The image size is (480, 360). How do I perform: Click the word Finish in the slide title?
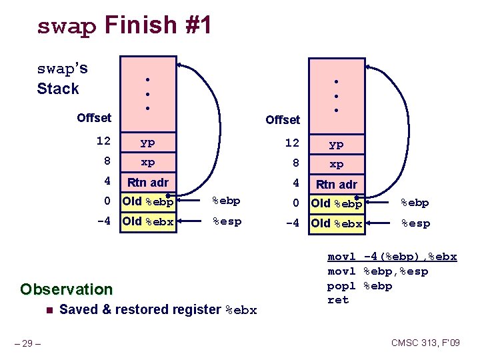click(x=140, y=25)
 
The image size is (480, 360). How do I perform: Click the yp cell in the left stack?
click(x=147, y=142)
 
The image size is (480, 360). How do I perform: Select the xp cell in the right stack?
click(x=337, y=164)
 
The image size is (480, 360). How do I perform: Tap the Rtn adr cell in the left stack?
click(x=147, y=182)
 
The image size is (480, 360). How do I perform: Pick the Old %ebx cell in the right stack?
click(x=337, y=223)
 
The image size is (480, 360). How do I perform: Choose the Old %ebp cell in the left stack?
click(x=147, y=201)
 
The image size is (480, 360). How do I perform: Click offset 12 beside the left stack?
click(x=103, y=141)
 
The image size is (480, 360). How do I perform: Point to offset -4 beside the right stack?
click(x=291, y=223)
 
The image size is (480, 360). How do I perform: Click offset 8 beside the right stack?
click(x=291, y=164)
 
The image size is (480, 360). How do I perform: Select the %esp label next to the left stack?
click(x=227, y=221)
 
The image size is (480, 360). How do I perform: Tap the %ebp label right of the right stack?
click(x=414, y=203)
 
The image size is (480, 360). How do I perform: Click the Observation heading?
click(x=66, y=289)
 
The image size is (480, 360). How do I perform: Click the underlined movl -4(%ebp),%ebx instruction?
click(x=392, y=257)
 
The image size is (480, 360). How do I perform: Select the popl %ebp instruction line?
click(x=359, y=286)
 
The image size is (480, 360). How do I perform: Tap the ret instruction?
click(x=338, y=300)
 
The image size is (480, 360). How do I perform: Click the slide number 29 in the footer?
click(x=29, y=343)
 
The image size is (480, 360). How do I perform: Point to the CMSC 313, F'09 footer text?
click(x=425, y=343)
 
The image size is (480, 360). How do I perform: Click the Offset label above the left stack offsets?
click(x=94, y=118)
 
